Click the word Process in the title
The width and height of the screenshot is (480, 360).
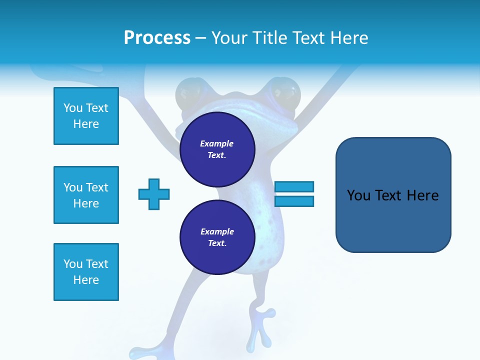tap(157, 38)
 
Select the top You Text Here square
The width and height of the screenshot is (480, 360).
tap(86, 116)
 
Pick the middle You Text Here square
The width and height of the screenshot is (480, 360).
tap(86, 195)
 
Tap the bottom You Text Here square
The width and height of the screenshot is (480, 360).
tap(86, 272)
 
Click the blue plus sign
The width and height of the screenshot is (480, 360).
tap(154, 194)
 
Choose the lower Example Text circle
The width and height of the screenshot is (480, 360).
tap(217, 237)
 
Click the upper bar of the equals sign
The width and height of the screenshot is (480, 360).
tap(294, 186)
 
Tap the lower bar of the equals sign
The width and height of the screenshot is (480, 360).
tap(294, 201)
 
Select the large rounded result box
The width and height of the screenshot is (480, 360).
tap(393, 195)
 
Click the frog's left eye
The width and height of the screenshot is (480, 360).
tap(188, 93)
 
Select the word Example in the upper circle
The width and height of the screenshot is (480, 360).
tap(216, 143)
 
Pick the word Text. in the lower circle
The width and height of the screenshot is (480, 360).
tap(217, 243)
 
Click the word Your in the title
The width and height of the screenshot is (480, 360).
tap(228, 38)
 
